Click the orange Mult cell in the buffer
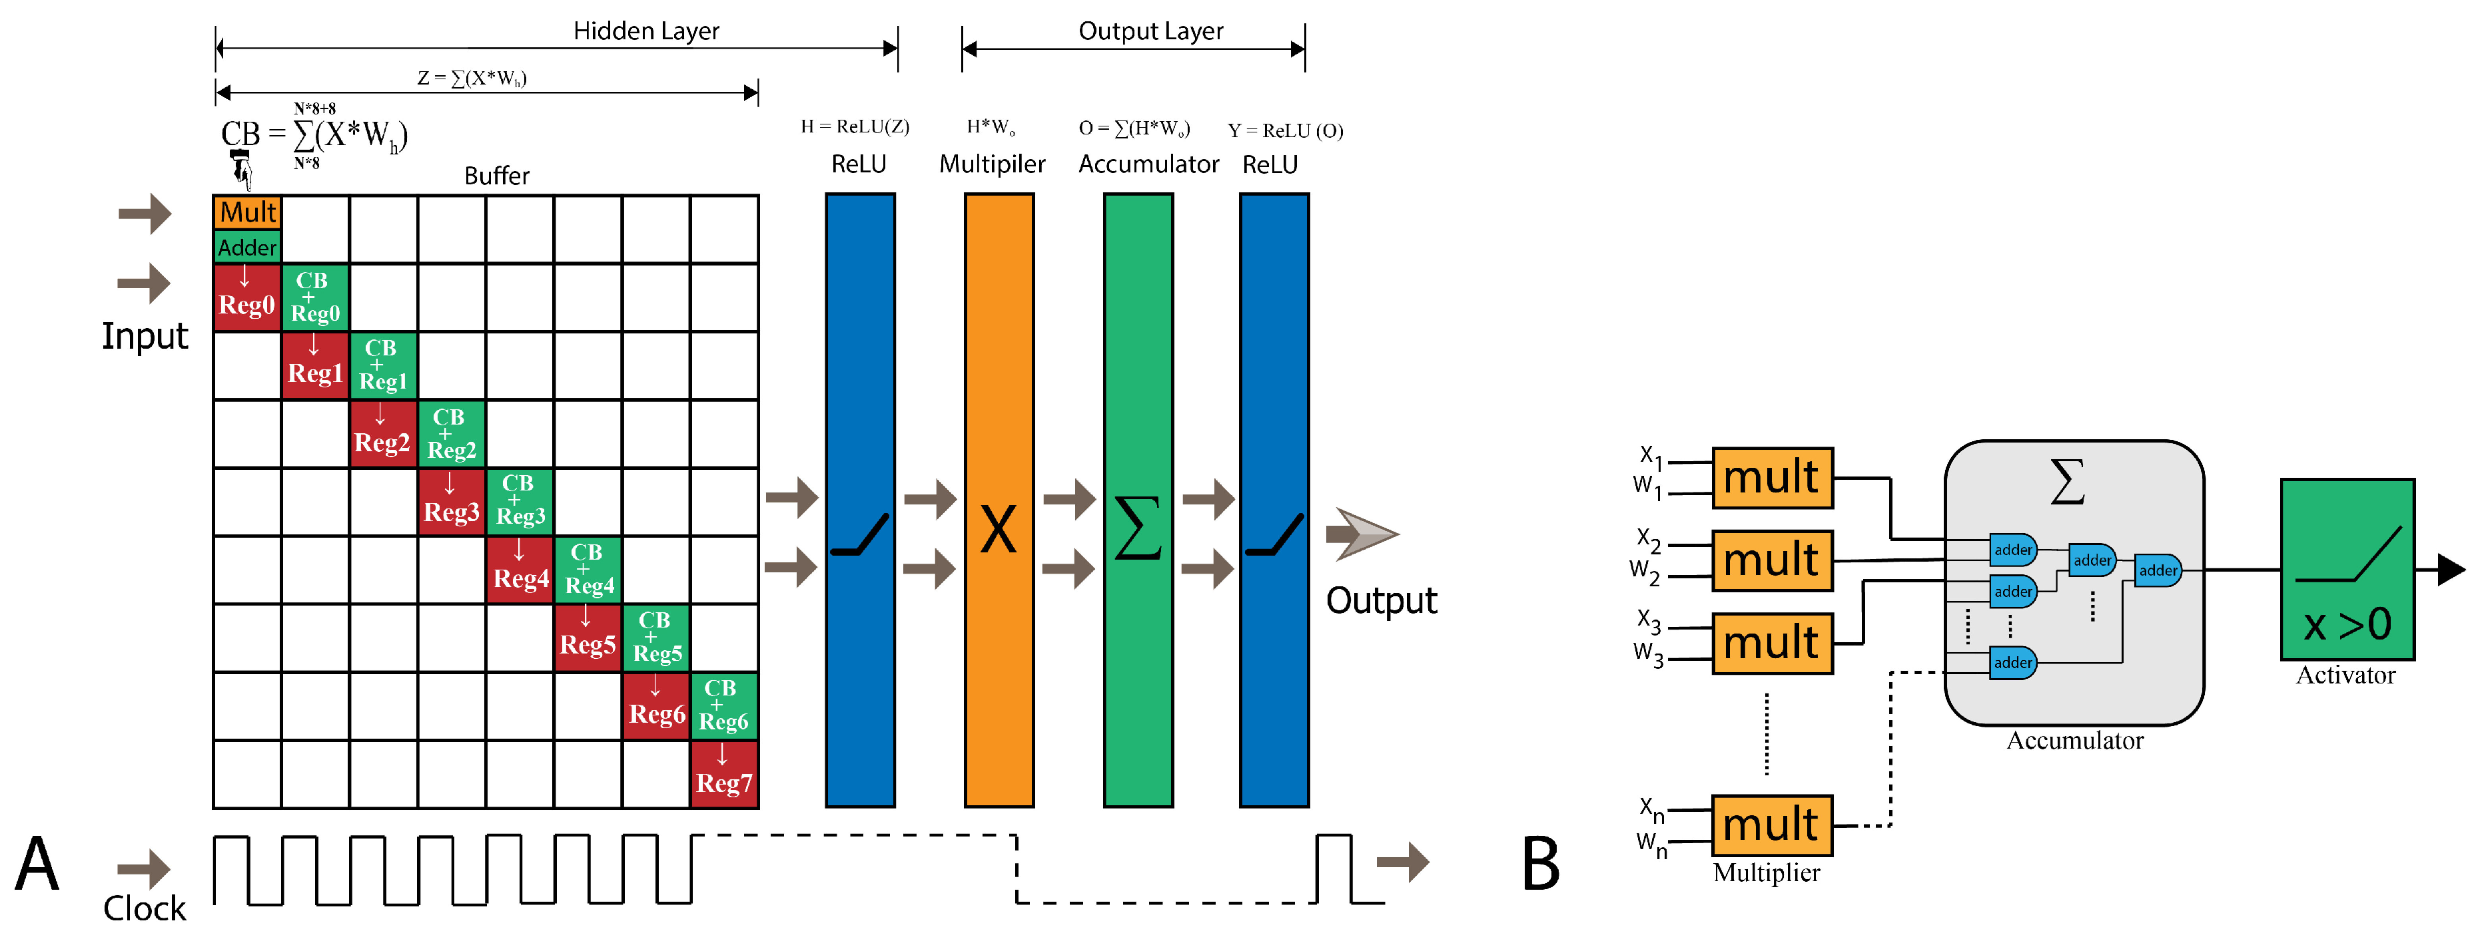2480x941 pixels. point(247,212)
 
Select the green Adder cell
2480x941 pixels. point(247,248)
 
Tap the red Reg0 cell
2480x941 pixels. point(247,297)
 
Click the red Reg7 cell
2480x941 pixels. point(724,775)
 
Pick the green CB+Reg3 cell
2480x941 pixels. point(520,501)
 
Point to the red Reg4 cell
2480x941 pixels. point(520,570)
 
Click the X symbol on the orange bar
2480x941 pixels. point(999,529)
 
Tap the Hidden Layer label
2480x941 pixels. point(646,31)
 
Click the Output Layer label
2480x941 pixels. point(1150,31)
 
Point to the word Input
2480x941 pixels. point(145,336)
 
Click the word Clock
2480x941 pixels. point(145,907)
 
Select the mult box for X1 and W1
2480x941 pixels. point(1771,477)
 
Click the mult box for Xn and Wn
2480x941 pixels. point(1771,825)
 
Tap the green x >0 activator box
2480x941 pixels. point(2347,568)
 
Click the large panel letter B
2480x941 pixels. point(1540,863)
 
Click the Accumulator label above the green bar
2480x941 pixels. point(1148,164)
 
